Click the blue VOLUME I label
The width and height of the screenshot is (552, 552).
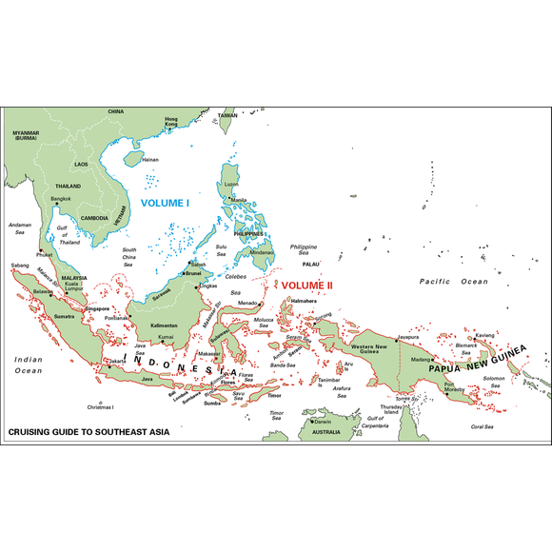click(x=165, y=203)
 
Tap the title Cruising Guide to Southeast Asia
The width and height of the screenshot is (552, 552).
click(x=89, y=431)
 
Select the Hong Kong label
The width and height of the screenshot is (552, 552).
click(x=171, y=122)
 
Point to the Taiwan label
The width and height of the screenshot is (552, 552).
click(x=227, y=115)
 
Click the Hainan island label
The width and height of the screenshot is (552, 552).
click(x=149, y=159)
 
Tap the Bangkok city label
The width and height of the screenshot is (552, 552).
click(x=61, y=198)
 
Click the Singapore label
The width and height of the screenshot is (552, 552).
click(x=97, y=308)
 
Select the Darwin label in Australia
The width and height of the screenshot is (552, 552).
click(x=324, y=422)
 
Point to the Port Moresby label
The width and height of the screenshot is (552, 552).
click(x=455, y=387)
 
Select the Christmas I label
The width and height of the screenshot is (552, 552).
click(x=99, y=407)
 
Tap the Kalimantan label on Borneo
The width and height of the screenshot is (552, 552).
click(x=164, y=325)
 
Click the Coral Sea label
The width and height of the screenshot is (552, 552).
click(x=483, y=426)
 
